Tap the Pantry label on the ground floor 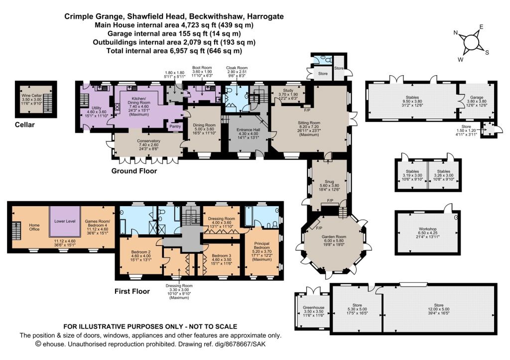pos(175,126)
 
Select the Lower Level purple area pos(65,222)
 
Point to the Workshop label pos(428,229)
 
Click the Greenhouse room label pos(314,307)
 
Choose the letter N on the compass pos(456,32)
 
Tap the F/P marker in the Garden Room pos(320,228)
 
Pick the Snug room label pos(329,181)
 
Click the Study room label pos(288,91)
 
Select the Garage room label pos(477,97)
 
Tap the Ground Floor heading pos(134,171)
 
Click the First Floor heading pos(132,291)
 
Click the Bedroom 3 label pos(221,255)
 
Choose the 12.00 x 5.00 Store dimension pos(439,309)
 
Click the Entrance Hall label pos(248,130)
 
